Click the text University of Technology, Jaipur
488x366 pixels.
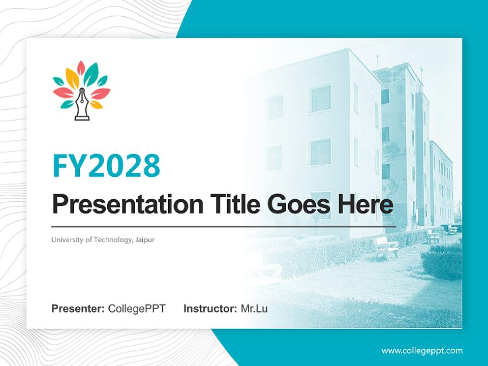coord(103,239)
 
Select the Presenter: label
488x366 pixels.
coord(78,309)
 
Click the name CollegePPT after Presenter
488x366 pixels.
coord(137,309)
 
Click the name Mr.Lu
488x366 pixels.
coord(254,309)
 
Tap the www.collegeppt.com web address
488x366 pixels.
coord(422,351)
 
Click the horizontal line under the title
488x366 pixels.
coord(224,226)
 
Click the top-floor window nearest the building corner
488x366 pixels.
coord(321,98)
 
